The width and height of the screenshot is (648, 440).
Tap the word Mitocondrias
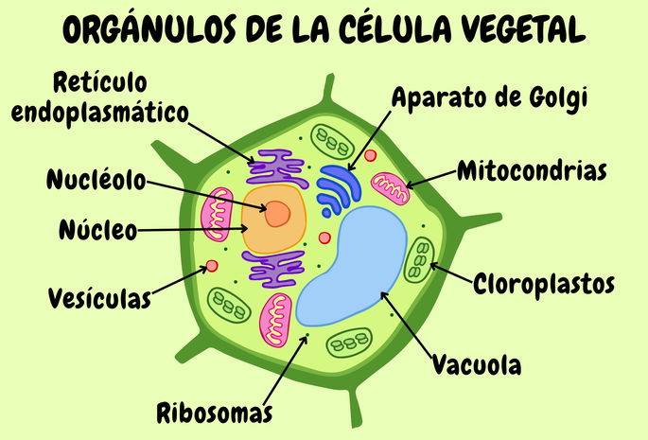(531, 172)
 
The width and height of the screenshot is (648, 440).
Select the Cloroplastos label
(544, 283)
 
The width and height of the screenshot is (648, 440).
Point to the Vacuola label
(477, 363)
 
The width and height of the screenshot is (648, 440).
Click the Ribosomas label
(215, 413)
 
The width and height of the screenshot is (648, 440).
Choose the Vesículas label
(99, 299)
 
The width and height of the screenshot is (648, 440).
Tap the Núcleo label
(98, 229)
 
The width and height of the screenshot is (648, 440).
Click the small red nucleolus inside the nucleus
(276, 215)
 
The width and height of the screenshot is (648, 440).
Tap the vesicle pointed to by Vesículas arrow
(212, 266)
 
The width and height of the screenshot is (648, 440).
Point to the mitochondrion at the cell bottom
(279, 319)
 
